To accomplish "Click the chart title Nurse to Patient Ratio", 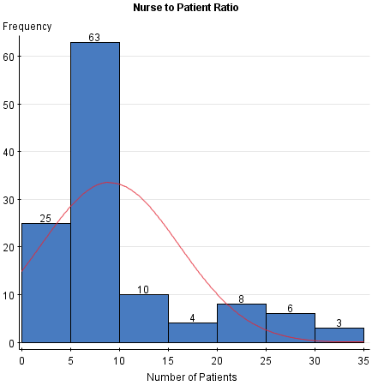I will click(186, 8).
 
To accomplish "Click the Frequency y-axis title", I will click(27, 27).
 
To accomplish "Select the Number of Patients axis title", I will click(193, 377).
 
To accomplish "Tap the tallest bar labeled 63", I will click(95, 193).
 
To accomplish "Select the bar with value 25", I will click(46, 283).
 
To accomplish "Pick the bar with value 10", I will click(144, 318).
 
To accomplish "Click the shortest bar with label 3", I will click(339, 335).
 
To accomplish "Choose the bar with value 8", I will click(242, 323).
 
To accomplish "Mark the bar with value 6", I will click(291, 328).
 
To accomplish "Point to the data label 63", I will click(95, 37).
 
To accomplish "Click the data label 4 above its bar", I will click(193, 317).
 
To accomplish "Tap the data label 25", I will click(46, 219).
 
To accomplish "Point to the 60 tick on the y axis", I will click(9, 57).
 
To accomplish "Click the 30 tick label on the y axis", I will click(9, 199).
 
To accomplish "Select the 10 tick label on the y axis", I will click(9, 295).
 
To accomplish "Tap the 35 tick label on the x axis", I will click(363, 358).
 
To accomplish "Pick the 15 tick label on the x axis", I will click(168, 358).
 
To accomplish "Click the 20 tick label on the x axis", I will click(217, 358).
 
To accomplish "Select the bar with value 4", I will click(193, 333).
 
